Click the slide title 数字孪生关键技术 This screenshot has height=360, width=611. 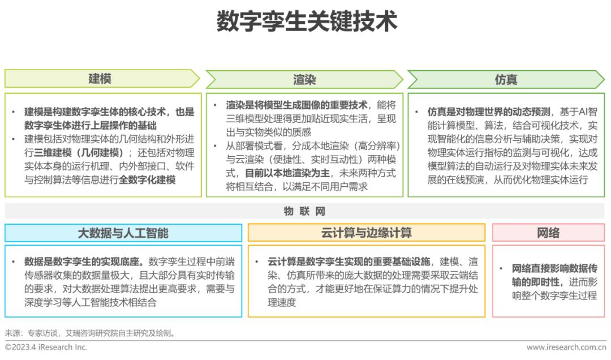306,22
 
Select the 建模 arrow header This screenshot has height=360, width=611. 100,79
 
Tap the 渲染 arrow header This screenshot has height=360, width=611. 304,79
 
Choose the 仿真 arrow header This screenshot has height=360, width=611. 506,79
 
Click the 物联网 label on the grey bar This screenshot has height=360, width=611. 305,211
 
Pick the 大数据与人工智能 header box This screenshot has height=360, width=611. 123,233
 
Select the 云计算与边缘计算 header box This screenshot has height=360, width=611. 366,233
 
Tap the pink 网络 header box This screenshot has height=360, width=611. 548,233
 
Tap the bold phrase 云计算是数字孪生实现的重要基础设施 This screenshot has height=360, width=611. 348,262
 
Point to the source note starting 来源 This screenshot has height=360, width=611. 91,333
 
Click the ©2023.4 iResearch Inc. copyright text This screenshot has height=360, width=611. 46,347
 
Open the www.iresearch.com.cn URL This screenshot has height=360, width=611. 566,347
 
